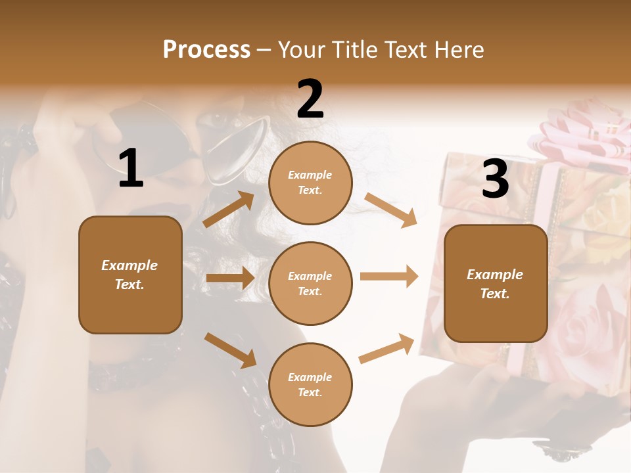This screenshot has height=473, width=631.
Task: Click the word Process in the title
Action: click(206, 50)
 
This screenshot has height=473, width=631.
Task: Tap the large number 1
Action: click(131, 169)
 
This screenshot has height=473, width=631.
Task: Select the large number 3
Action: click(495, 179)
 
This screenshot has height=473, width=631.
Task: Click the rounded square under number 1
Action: click(130, 275)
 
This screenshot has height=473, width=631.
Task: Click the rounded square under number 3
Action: click(496, 283)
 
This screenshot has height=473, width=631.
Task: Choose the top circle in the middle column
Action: click(310, 183)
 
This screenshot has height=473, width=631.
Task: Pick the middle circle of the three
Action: click(310, 283)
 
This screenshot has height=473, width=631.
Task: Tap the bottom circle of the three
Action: click(310, 384)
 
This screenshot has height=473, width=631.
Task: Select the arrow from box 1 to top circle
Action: click(229, 210)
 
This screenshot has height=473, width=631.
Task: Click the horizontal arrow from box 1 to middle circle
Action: click(229, 278)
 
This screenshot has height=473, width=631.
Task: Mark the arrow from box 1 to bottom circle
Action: click(230, 349)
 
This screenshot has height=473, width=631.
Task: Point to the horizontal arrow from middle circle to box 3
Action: click(388, 276)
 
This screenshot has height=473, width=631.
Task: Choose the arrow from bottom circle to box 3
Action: click(386, 349)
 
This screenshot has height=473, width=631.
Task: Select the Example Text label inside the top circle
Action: click(310, 183)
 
